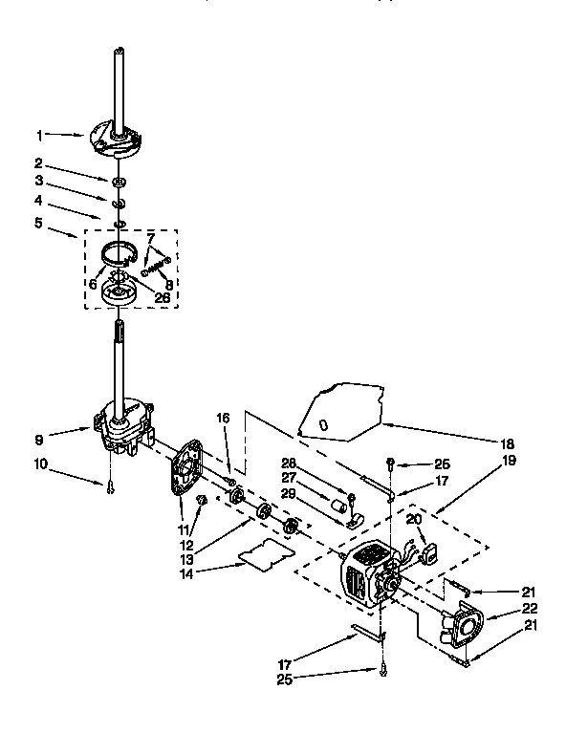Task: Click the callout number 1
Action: point(40,135)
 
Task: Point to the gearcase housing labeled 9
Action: point(122,430)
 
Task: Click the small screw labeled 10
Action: point(111,487)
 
